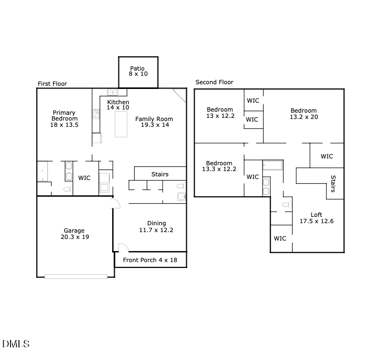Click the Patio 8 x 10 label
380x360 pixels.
[138, 71]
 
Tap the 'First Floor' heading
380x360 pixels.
[52, 84]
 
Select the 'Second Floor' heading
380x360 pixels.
[214, 82]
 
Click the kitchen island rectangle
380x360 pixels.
[121, 124]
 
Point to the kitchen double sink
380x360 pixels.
[113, 92]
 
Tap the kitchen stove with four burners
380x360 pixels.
[96, 113]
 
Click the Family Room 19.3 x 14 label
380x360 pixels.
[154, 122]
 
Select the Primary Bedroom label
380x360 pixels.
[64, 119]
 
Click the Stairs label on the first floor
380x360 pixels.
[160, 174]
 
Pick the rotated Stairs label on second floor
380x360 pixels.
[333, 184]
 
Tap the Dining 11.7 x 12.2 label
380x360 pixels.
[156, 227]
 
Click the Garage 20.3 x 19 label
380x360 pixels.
[74, 234]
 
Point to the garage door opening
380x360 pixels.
[76, 276]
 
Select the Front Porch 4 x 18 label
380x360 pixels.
[150, 261]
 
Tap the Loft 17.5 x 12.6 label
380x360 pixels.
[316, 218]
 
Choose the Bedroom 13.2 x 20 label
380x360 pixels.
[304, 114]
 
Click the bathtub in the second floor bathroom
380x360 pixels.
[273, 165]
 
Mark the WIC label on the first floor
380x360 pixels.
[84, 178]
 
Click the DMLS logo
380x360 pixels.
[16, 344]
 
